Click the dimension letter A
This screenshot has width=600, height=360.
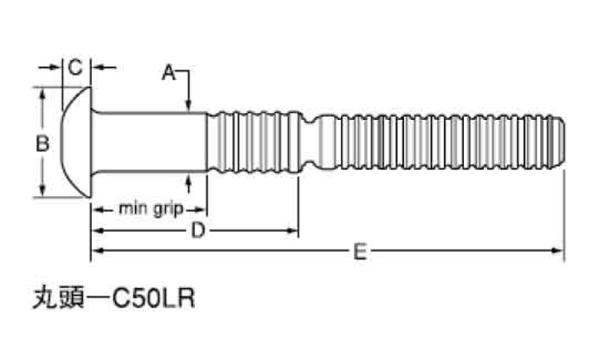pyautogui.click(x=168, y=73)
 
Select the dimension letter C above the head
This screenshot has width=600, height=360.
pyautogui.click(x=74, y=68)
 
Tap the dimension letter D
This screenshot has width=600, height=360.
pyautogui.click(x=196, y=231)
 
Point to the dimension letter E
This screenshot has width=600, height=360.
pyautogui.click(x=360, y=252)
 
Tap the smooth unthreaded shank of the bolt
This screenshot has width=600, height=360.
pyautogui.click(x=148, y=142)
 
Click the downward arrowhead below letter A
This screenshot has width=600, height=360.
pyautogui.click(x=187, y=104)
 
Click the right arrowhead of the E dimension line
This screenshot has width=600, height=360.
pyautogui.click(x=559, y=251)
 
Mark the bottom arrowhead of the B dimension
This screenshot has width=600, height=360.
pyautogui.click(x=42, y=191)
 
